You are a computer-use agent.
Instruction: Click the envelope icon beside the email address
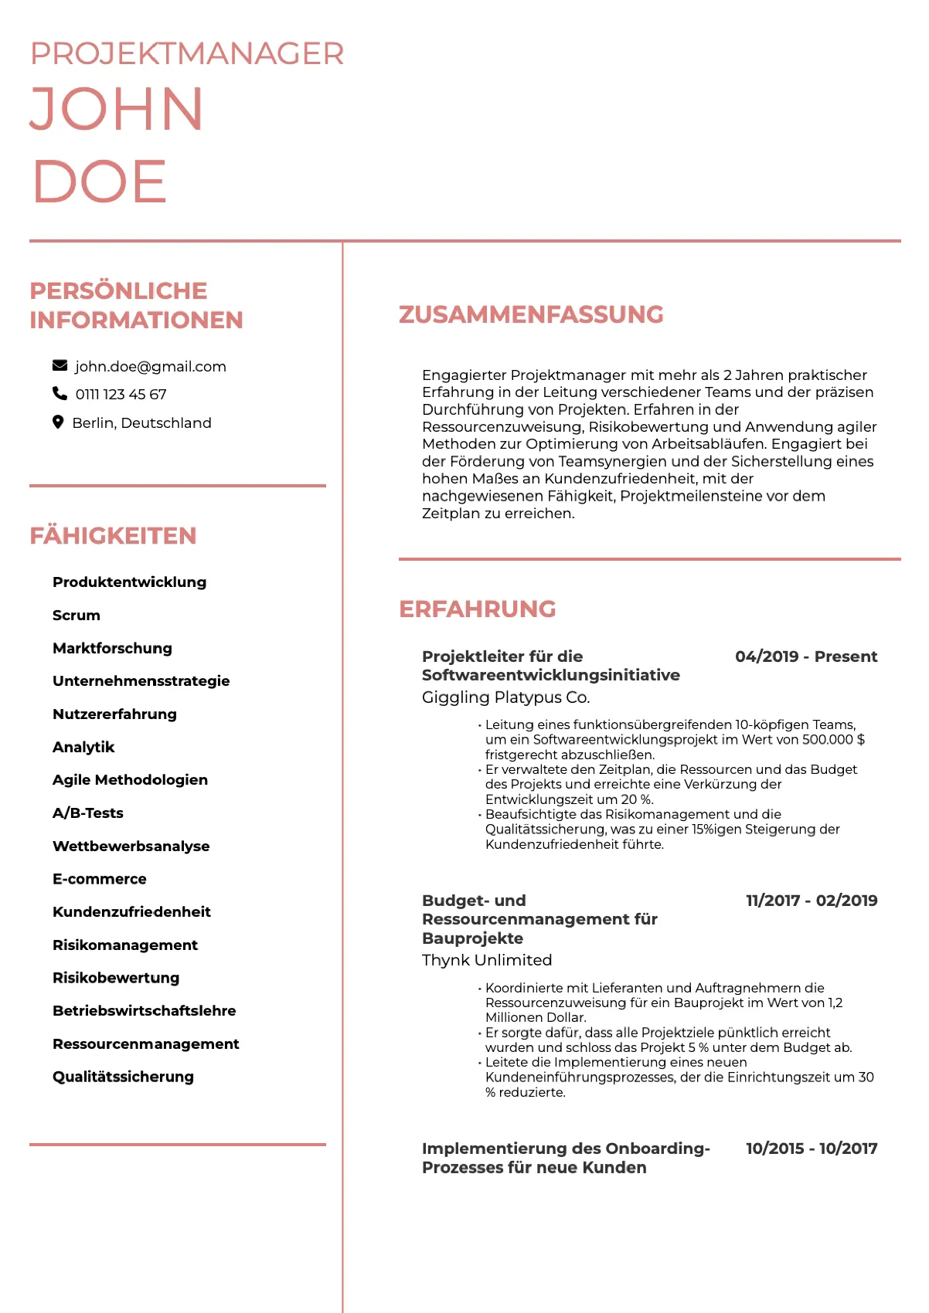(x=60, y=365)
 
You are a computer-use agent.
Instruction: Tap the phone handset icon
(x=60, y=394)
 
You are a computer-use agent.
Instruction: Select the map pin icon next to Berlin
(x=58, y=422)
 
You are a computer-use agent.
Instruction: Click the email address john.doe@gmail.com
(x=151, y=367)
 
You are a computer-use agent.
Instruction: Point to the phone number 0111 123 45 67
(x=121, y=395)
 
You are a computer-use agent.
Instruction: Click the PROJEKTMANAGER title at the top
(x=187, y=54)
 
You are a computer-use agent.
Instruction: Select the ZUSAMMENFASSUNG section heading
(x=531, y=314)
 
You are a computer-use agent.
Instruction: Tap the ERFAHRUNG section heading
(x=477, y=609)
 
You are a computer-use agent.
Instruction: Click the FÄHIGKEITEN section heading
(x=113, y=535)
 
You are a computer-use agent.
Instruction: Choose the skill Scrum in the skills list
(x=77, y=616)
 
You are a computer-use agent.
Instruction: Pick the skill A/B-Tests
(x=88, y=813)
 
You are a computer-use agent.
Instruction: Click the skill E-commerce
(x=100, y=879)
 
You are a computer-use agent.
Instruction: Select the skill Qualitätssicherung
(x=123, y=1077)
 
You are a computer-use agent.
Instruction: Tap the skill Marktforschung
(x=112, y=648)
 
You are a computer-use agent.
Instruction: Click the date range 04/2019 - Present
(x=806, y=656)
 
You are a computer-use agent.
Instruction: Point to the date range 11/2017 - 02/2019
(x=812, y=901)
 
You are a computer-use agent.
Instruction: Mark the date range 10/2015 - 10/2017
(x=812, y=1148)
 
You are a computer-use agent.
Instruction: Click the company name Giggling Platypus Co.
(x=506, y=697)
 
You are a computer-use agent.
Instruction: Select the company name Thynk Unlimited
(x=487, y=960)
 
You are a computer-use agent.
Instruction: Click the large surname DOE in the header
(x=100, y=182)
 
